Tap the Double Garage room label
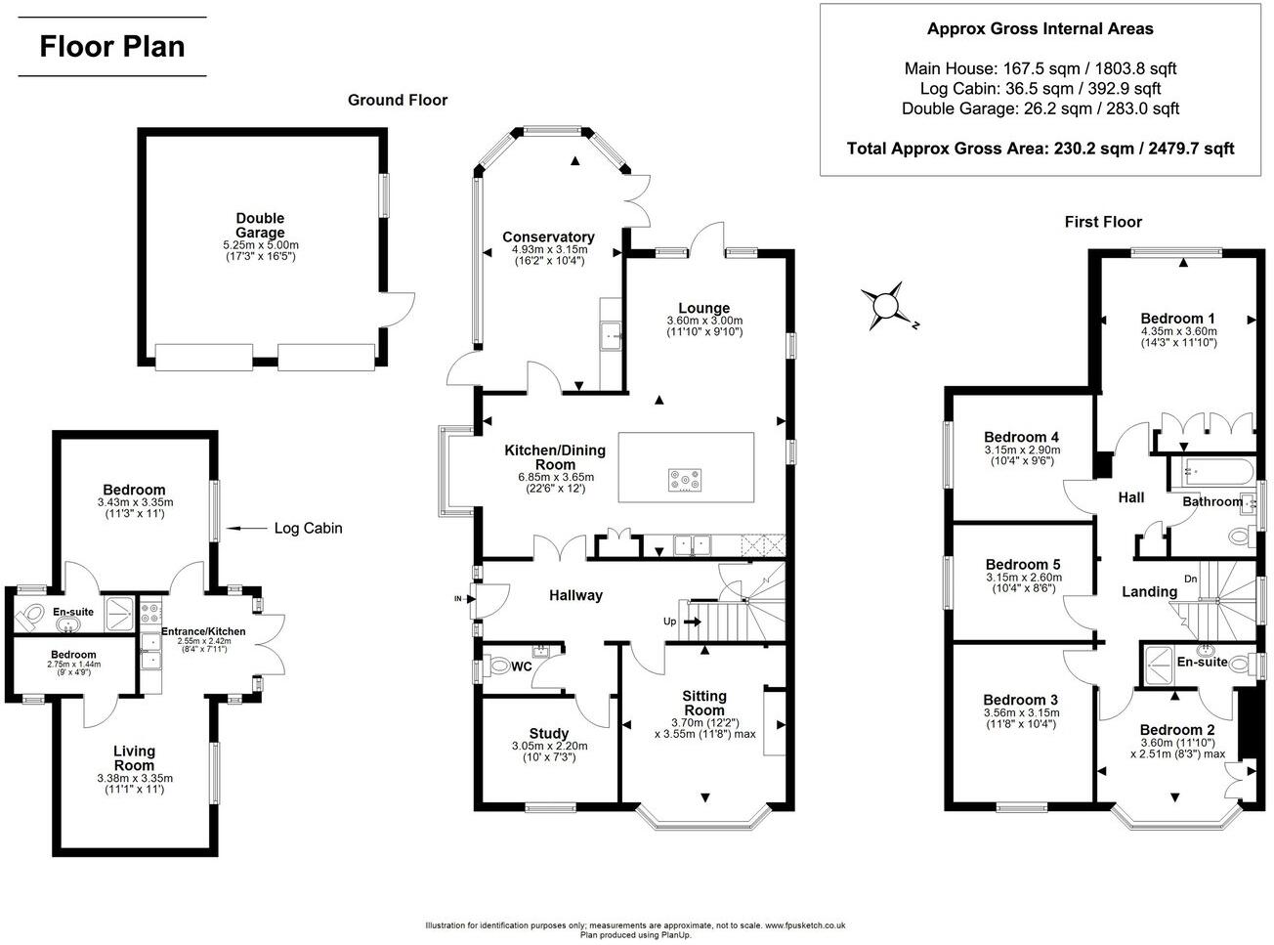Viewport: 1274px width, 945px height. (260, 226)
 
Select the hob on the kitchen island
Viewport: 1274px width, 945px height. (683, 480)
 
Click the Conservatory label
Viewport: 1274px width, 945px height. (548, 236)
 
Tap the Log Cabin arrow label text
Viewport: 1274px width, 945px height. (308, 529)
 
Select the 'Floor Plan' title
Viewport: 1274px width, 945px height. (111, 46)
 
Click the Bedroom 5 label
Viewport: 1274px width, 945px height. (1023, 564)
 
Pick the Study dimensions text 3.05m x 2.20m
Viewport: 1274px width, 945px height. (548, 746)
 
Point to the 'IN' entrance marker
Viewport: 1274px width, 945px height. (458, 598)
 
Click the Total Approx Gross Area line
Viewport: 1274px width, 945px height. (1040, 149)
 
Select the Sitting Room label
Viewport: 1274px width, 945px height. (704, 703)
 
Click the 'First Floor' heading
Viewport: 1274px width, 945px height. (1103, 222)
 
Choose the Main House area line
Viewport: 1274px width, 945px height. (1040, 68)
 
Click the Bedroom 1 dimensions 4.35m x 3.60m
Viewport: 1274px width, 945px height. (1178, 330)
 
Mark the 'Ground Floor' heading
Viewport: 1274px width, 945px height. (398, 100)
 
